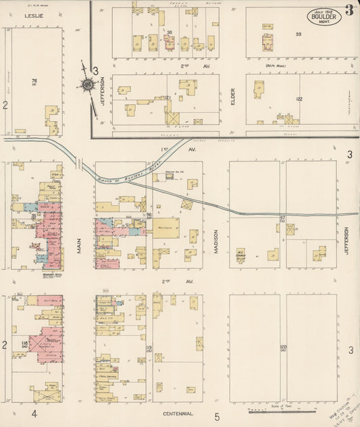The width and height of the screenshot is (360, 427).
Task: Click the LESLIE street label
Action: [30, 14]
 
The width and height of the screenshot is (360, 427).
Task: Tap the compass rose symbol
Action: [86, 84]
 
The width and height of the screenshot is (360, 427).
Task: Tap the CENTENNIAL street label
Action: [178, 413]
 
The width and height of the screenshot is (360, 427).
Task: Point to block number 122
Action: [298, 99]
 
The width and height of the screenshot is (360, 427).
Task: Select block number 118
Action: [24, 344]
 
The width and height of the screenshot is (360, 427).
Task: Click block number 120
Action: [283, 348]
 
